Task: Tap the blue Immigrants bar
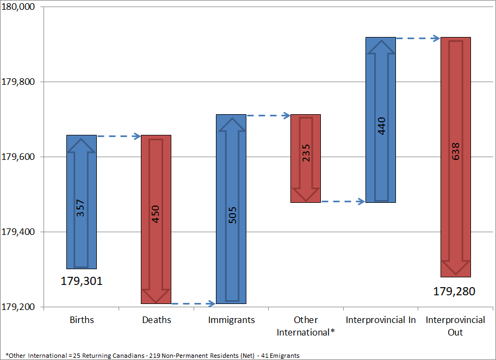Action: coord(231,163)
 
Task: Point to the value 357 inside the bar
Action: coord(81,208)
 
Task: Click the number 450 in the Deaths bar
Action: coord(156,215)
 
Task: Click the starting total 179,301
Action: coord(82,282)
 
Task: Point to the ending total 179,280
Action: coord(454,291)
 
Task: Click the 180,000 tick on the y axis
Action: coord(18,7)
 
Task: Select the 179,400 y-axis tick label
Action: coord(18,232)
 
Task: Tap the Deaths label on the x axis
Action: coord(157,320)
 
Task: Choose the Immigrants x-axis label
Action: coord(231,320)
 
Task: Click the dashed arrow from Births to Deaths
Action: coord(119,136)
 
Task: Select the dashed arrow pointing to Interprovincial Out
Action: coord(418,38)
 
